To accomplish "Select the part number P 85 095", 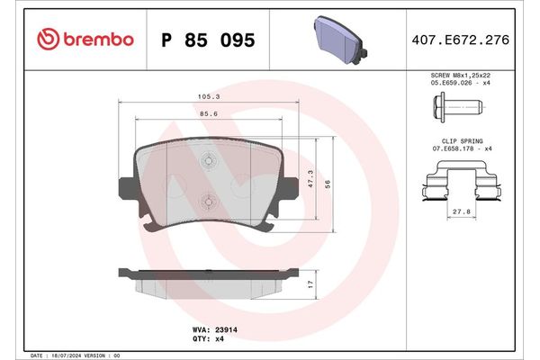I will (x=207, y=40).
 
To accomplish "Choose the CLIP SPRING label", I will (x=458, y=142).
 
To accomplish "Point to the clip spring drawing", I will (x=458, y=179).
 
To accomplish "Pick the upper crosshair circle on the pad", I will (x=208, y=162).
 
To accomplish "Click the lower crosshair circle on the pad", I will (x=208, y=202).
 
